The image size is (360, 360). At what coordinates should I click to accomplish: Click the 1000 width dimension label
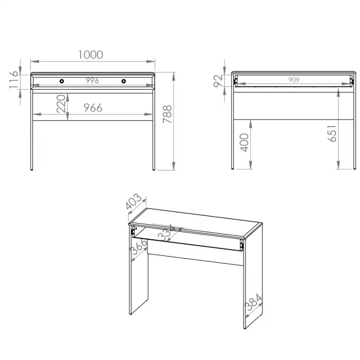(91, 55)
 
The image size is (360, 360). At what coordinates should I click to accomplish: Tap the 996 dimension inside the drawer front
(93, 81)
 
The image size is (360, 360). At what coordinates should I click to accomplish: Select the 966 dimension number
(93, 108)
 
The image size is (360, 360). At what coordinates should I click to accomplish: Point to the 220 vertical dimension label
(61, 103)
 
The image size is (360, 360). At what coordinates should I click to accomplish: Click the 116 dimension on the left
(14, 80)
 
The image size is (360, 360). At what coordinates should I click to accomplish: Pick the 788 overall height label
(167, 114)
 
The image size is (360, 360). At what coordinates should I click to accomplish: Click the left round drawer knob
(62, 81)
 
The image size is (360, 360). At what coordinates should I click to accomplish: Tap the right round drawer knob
(123, 81)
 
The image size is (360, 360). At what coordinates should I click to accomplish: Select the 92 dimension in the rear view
(218, 81)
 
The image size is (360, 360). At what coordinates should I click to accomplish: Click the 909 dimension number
(294, 80)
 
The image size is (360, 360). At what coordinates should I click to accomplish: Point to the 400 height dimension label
(244, 142)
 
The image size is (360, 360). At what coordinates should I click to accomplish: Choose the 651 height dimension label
(332, 133)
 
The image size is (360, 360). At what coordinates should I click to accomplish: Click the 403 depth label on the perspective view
(134, 201)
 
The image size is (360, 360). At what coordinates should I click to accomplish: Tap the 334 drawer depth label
(167, 233)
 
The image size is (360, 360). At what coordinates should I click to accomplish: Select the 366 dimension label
(138, 247)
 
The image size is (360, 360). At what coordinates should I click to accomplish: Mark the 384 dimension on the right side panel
(253, 302)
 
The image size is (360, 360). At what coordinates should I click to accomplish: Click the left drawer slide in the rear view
(235, 81)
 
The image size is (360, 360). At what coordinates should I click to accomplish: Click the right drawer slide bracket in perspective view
(241, 245)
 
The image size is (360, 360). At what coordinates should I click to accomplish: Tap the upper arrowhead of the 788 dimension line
(174, 76)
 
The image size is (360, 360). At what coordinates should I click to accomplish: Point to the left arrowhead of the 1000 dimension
(35, 61)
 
